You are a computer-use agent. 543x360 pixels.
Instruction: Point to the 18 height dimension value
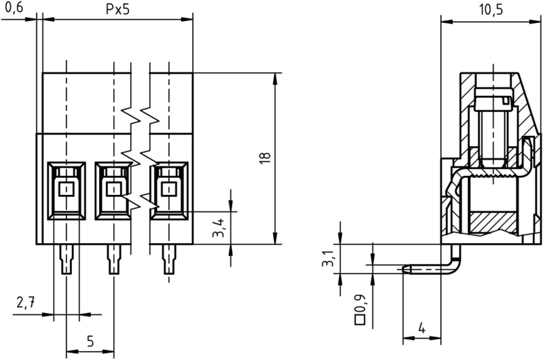tap(264, 157)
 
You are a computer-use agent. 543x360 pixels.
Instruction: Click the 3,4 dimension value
tap(219, 229)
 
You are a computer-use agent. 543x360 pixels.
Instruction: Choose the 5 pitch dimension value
tap(90, 341)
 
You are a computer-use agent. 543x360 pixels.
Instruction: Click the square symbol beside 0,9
tap(360, 318)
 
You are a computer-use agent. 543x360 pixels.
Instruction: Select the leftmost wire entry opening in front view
tap(66, 189)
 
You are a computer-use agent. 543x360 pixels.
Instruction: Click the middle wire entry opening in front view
tap(113, 189)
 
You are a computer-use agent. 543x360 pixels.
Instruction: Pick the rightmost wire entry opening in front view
tap(168, 189)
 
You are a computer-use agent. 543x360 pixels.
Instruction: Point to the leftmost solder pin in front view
tap(66, 259)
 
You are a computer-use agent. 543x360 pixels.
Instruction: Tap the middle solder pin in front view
tap(113, 259)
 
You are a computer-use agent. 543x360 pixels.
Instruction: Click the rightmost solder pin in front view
tap(168, 259)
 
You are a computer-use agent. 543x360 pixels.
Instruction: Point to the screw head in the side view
tap(491, 103)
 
